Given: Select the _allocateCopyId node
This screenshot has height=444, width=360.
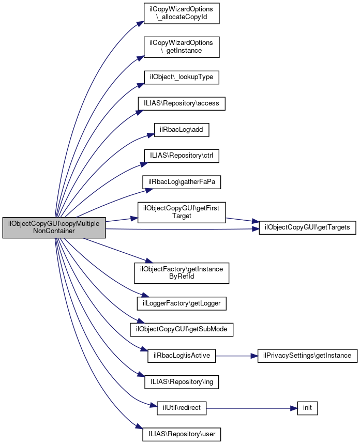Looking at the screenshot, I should (x=181, y=14).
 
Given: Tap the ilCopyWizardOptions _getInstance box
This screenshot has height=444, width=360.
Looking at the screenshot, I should (x=181, y=47).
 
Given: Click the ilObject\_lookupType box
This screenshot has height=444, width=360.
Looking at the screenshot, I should (x=181, y=78).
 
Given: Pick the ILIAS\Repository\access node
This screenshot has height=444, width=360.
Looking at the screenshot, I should (x=181, y=103).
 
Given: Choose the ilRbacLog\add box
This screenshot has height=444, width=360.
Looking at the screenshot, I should (x=181, y=129).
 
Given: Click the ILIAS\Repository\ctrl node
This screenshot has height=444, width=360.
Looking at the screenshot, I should (x=181, y=155).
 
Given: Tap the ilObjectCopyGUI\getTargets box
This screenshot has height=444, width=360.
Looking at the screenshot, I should (x=307, y=227).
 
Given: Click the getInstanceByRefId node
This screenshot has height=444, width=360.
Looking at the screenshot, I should (x=181, y=272).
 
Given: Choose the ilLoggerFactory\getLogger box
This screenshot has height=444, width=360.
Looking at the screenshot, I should (x=181, y=303).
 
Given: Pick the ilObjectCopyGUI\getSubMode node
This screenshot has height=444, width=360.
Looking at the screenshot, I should (x=181, y=329).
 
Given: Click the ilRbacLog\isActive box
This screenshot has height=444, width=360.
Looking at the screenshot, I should (x=181, y=356).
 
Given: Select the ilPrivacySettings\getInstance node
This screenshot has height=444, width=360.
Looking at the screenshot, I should (x=307, y=356).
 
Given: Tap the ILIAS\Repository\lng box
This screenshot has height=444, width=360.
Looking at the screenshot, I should (x=181, y=382).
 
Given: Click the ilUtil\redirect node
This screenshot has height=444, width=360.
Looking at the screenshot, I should (x=181, y=408).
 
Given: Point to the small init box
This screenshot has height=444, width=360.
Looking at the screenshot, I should (x=307, y=408).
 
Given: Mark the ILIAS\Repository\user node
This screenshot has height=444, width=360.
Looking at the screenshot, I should (x=181, y=434).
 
